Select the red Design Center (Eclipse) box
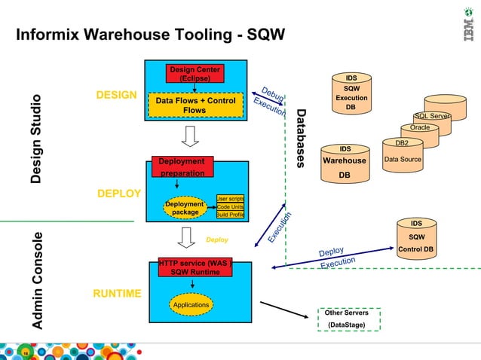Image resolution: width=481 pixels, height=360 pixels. click(195, 74)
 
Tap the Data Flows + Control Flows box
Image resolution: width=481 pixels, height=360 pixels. click(195, 105)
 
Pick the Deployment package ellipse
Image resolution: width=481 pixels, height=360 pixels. click(185, 208)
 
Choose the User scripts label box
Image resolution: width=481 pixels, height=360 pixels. click(230, 198)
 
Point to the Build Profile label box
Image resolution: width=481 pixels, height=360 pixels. click(230, 215)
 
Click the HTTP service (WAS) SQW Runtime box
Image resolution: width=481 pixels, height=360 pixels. click(195, 267)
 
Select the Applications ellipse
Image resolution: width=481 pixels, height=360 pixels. click(191, 305)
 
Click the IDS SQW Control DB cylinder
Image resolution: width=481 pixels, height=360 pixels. click(415, 237)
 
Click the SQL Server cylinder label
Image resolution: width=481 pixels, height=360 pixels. click(432, 116)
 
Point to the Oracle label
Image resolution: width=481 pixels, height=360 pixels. click(420, 128)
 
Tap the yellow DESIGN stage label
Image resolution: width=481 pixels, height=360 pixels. click(116, 96)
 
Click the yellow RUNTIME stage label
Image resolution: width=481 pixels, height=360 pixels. click(117, 293)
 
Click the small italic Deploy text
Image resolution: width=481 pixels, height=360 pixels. click(217, 240)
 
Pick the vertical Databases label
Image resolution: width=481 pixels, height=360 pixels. click(302, 139)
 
